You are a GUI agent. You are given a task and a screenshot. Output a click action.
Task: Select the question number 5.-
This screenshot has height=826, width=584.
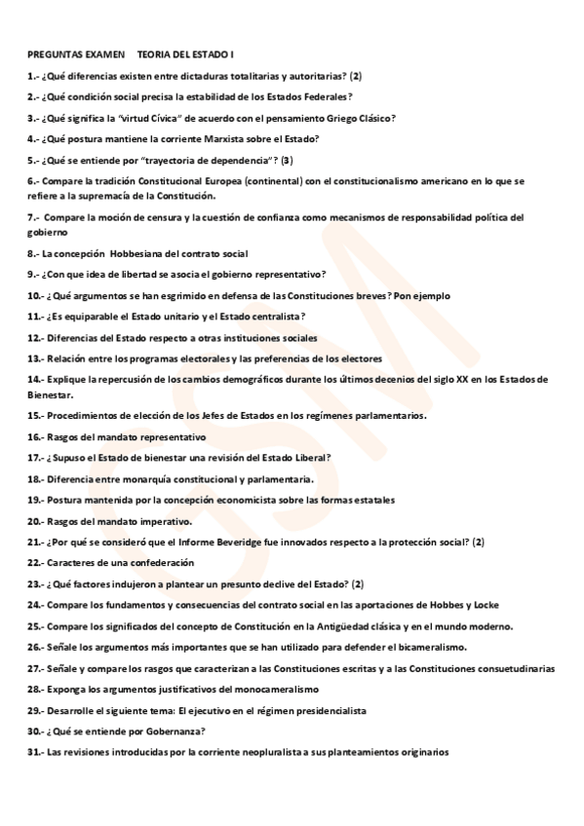pyautogui.click(x=34, y=160)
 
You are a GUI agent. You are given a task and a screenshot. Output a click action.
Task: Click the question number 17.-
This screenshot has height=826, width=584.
pyautogui.click(x=36, y=458)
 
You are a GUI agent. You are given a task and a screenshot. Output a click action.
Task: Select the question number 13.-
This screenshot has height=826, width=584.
pyautogui.click(x=36, y=358)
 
